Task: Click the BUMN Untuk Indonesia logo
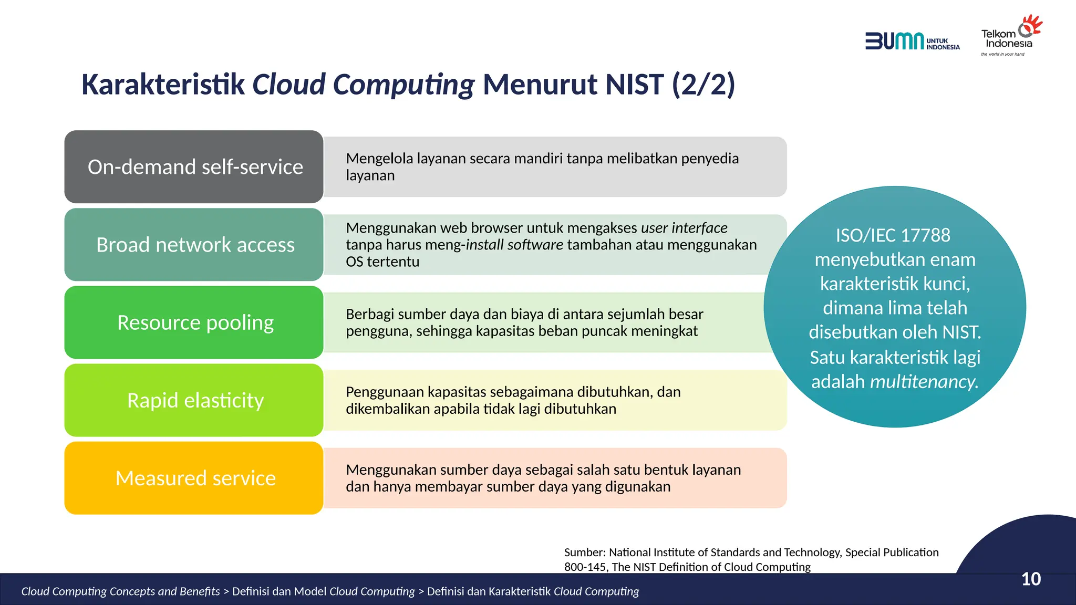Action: pos(912,41)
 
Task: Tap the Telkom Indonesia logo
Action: pos(1010,36)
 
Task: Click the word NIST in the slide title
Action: pos(634,85)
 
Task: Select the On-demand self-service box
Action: pos(194,167)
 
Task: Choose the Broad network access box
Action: pos(194,245)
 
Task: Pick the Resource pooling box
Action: pos(194,322)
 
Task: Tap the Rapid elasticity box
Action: pos(194,400)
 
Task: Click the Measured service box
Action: pos(194,478)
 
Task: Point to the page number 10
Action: pos(1031,579)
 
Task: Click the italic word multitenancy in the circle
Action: pos(924,382)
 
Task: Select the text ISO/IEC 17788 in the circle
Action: pos(893,235)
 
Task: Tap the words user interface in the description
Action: pos(684,228)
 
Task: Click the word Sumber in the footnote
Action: pos(584,552)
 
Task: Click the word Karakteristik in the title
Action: pos(163,85)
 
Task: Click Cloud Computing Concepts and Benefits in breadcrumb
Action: pos(120,591)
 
